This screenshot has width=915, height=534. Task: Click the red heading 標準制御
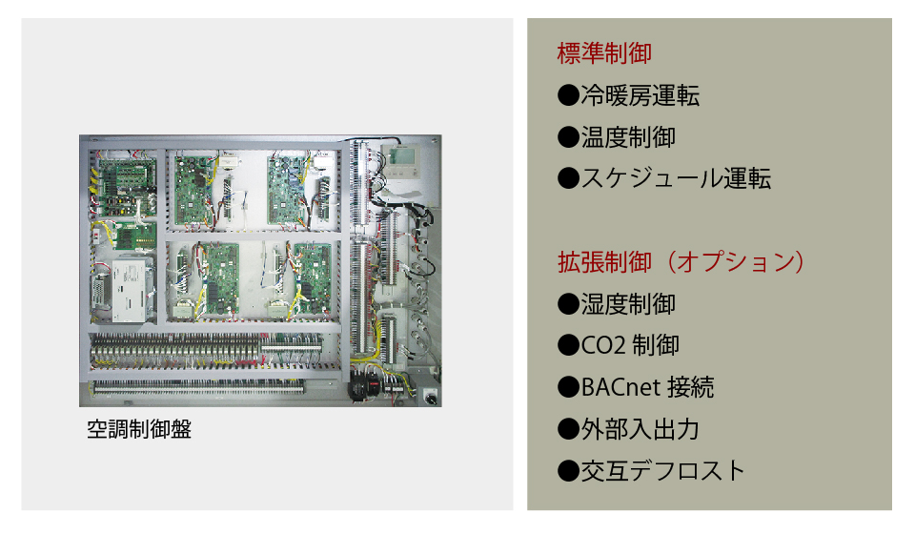pyautogui.click(x=604, y=53)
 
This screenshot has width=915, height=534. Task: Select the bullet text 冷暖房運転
pyautogui.click(x=640, y=95)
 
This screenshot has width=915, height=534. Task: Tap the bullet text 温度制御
pyautogui.click(x=628, y=137)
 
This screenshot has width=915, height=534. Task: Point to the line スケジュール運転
pyautogui.click(x=676, y=178)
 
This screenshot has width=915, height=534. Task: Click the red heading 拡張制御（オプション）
pyautogui.click(x=681, y=262)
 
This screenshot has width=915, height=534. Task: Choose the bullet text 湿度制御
pyautogui.click(x=628, y=304)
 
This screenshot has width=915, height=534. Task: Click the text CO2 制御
pyautogui.click(x=630, y=345)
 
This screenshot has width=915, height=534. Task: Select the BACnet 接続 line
pyautogui.click(x=647, y=387)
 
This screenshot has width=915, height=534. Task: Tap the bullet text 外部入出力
pyautogui.click(x=640, y=429)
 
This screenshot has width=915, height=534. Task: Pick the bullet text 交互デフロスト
pyautogui.click(x=663, y=470)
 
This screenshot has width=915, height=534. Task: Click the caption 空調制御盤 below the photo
pyautogui.click(x=139, y=429)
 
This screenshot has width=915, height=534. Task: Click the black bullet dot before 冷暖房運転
pyautogui.click(x=568, y=95)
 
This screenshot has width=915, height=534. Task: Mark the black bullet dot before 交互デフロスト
pyautogui.click(x=568, y=470)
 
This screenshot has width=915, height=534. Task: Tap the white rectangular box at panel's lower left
pyautogui.click(x=130, y=291)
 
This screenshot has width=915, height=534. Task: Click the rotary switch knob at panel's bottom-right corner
pyautogui.click(x=431, y=397)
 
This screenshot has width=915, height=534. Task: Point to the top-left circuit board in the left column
pyautogui.click(x=125, y=187)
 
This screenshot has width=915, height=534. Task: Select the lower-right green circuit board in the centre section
pyautogui.click(x=313, y=278)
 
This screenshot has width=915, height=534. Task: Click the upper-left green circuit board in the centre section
pyautogui.click(x=194, y=191)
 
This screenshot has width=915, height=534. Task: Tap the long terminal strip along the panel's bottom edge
pyautogui.click(x=198, y=386)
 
